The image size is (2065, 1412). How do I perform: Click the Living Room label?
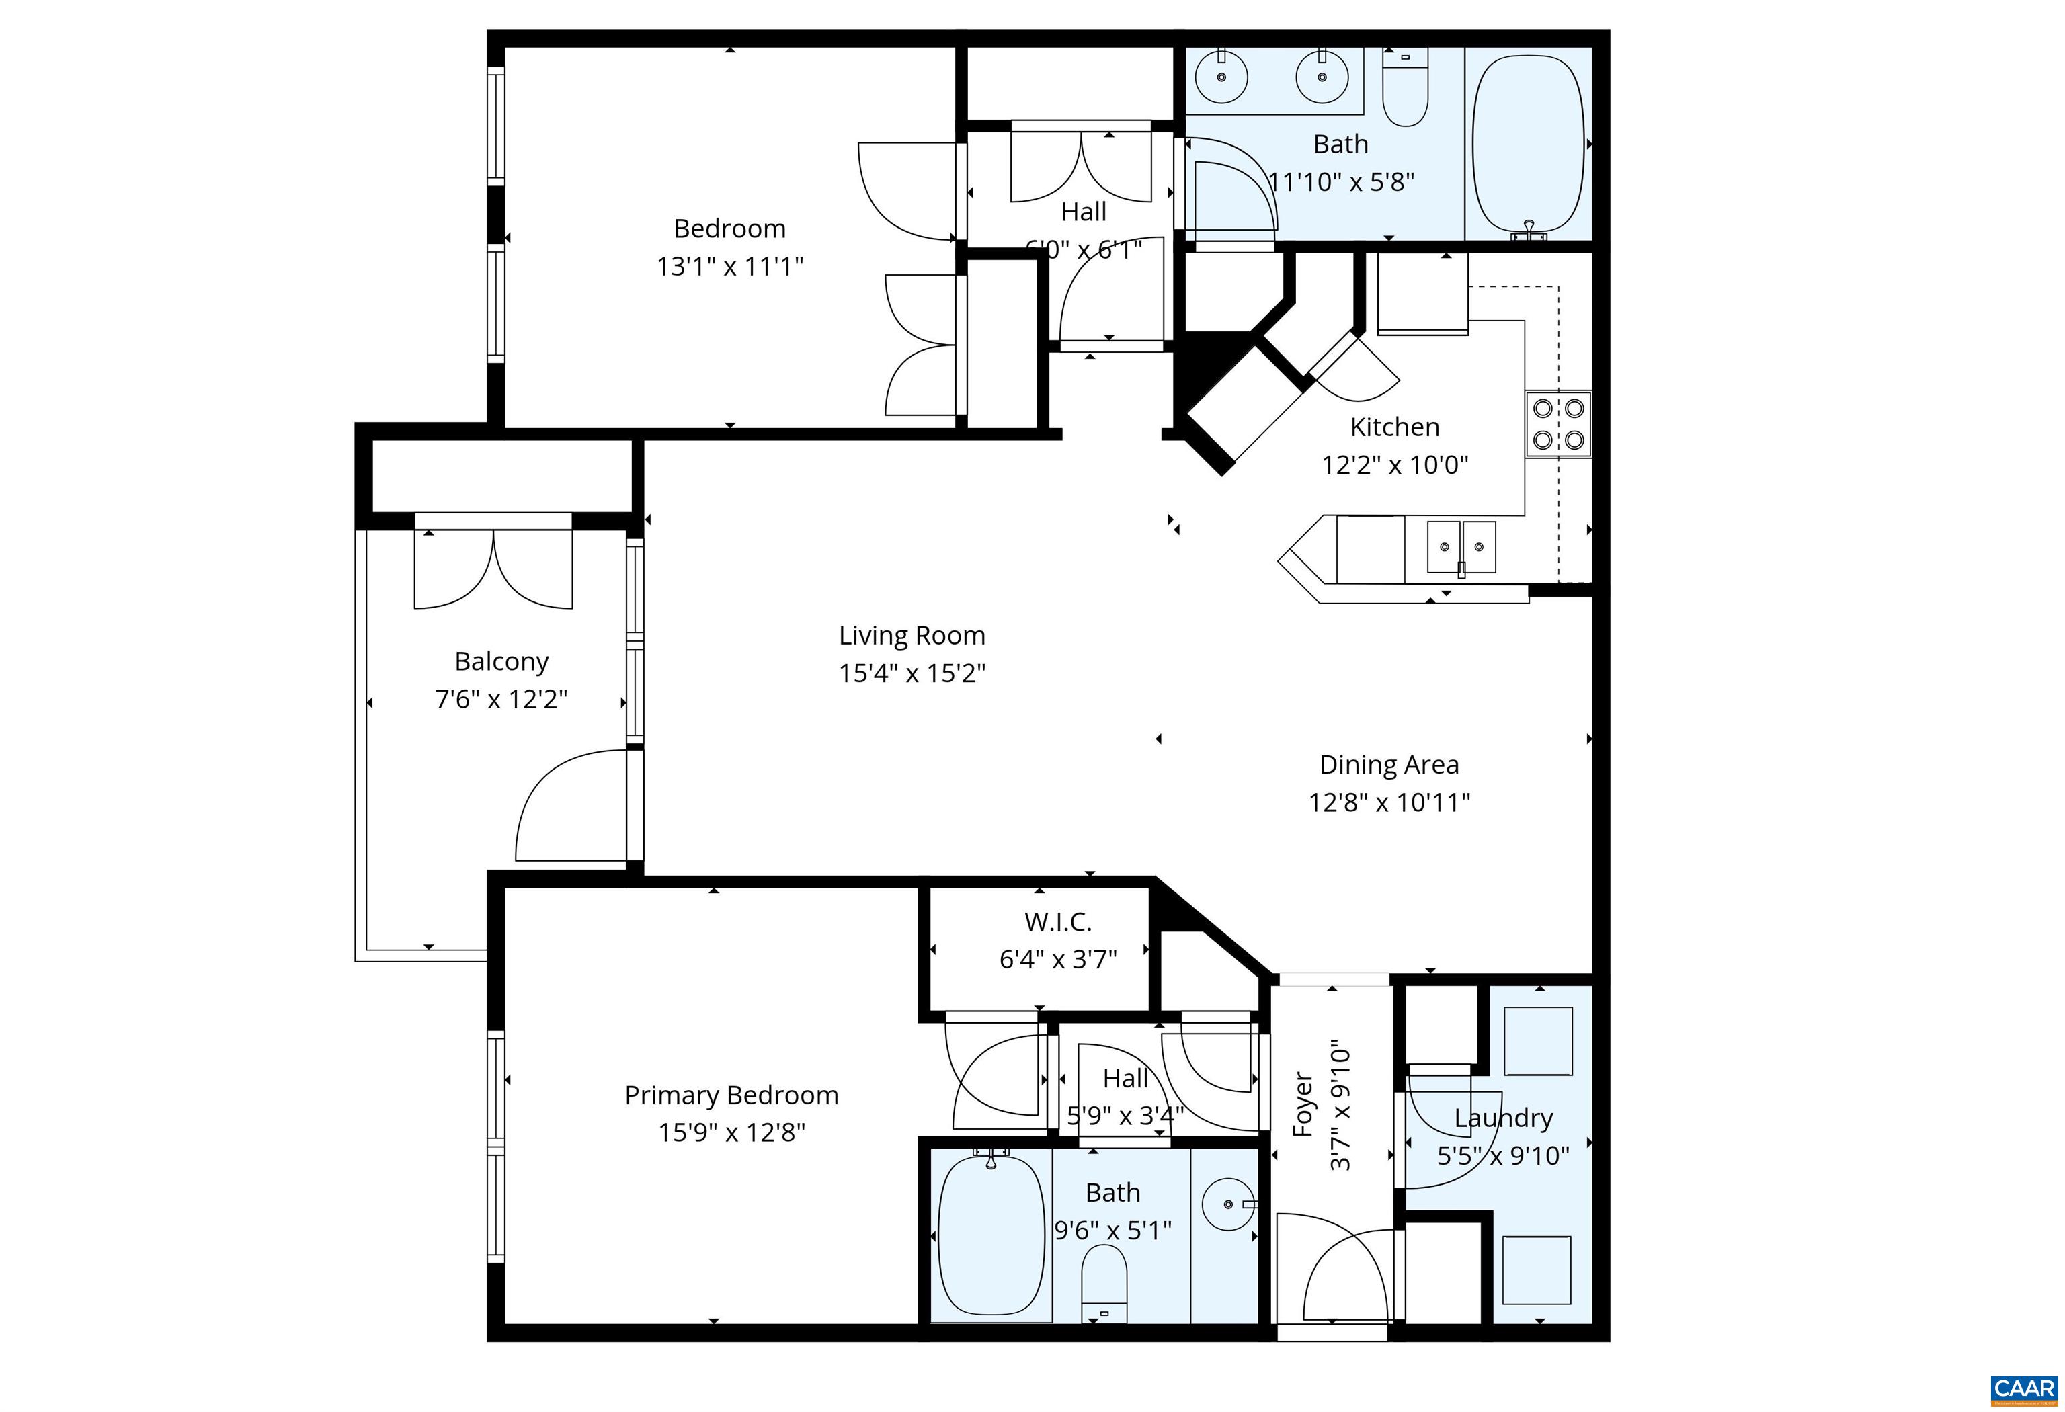coord(912,635)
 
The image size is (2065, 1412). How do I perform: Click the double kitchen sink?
coord(1461,547)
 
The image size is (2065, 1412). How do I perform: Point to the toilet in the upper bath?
coord(1405,89)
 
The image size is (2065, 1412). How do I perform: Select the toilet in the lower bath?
coord(1104,1285)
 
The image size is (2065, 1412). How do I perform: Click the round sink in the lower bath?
coord(1229,1204)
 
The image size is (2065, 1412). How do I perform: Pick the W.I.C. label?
coord(1057,921)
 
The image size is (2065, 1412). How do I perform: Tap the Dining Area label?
coord(1389,765)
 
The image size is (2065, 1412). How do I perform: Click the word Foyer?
coord(1303,1105)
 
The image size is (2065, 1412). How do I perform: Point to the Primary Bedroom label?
coord(731,1095)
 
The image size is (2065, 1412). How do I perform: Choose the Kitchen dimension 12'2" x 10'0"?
coord(1394,465)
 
